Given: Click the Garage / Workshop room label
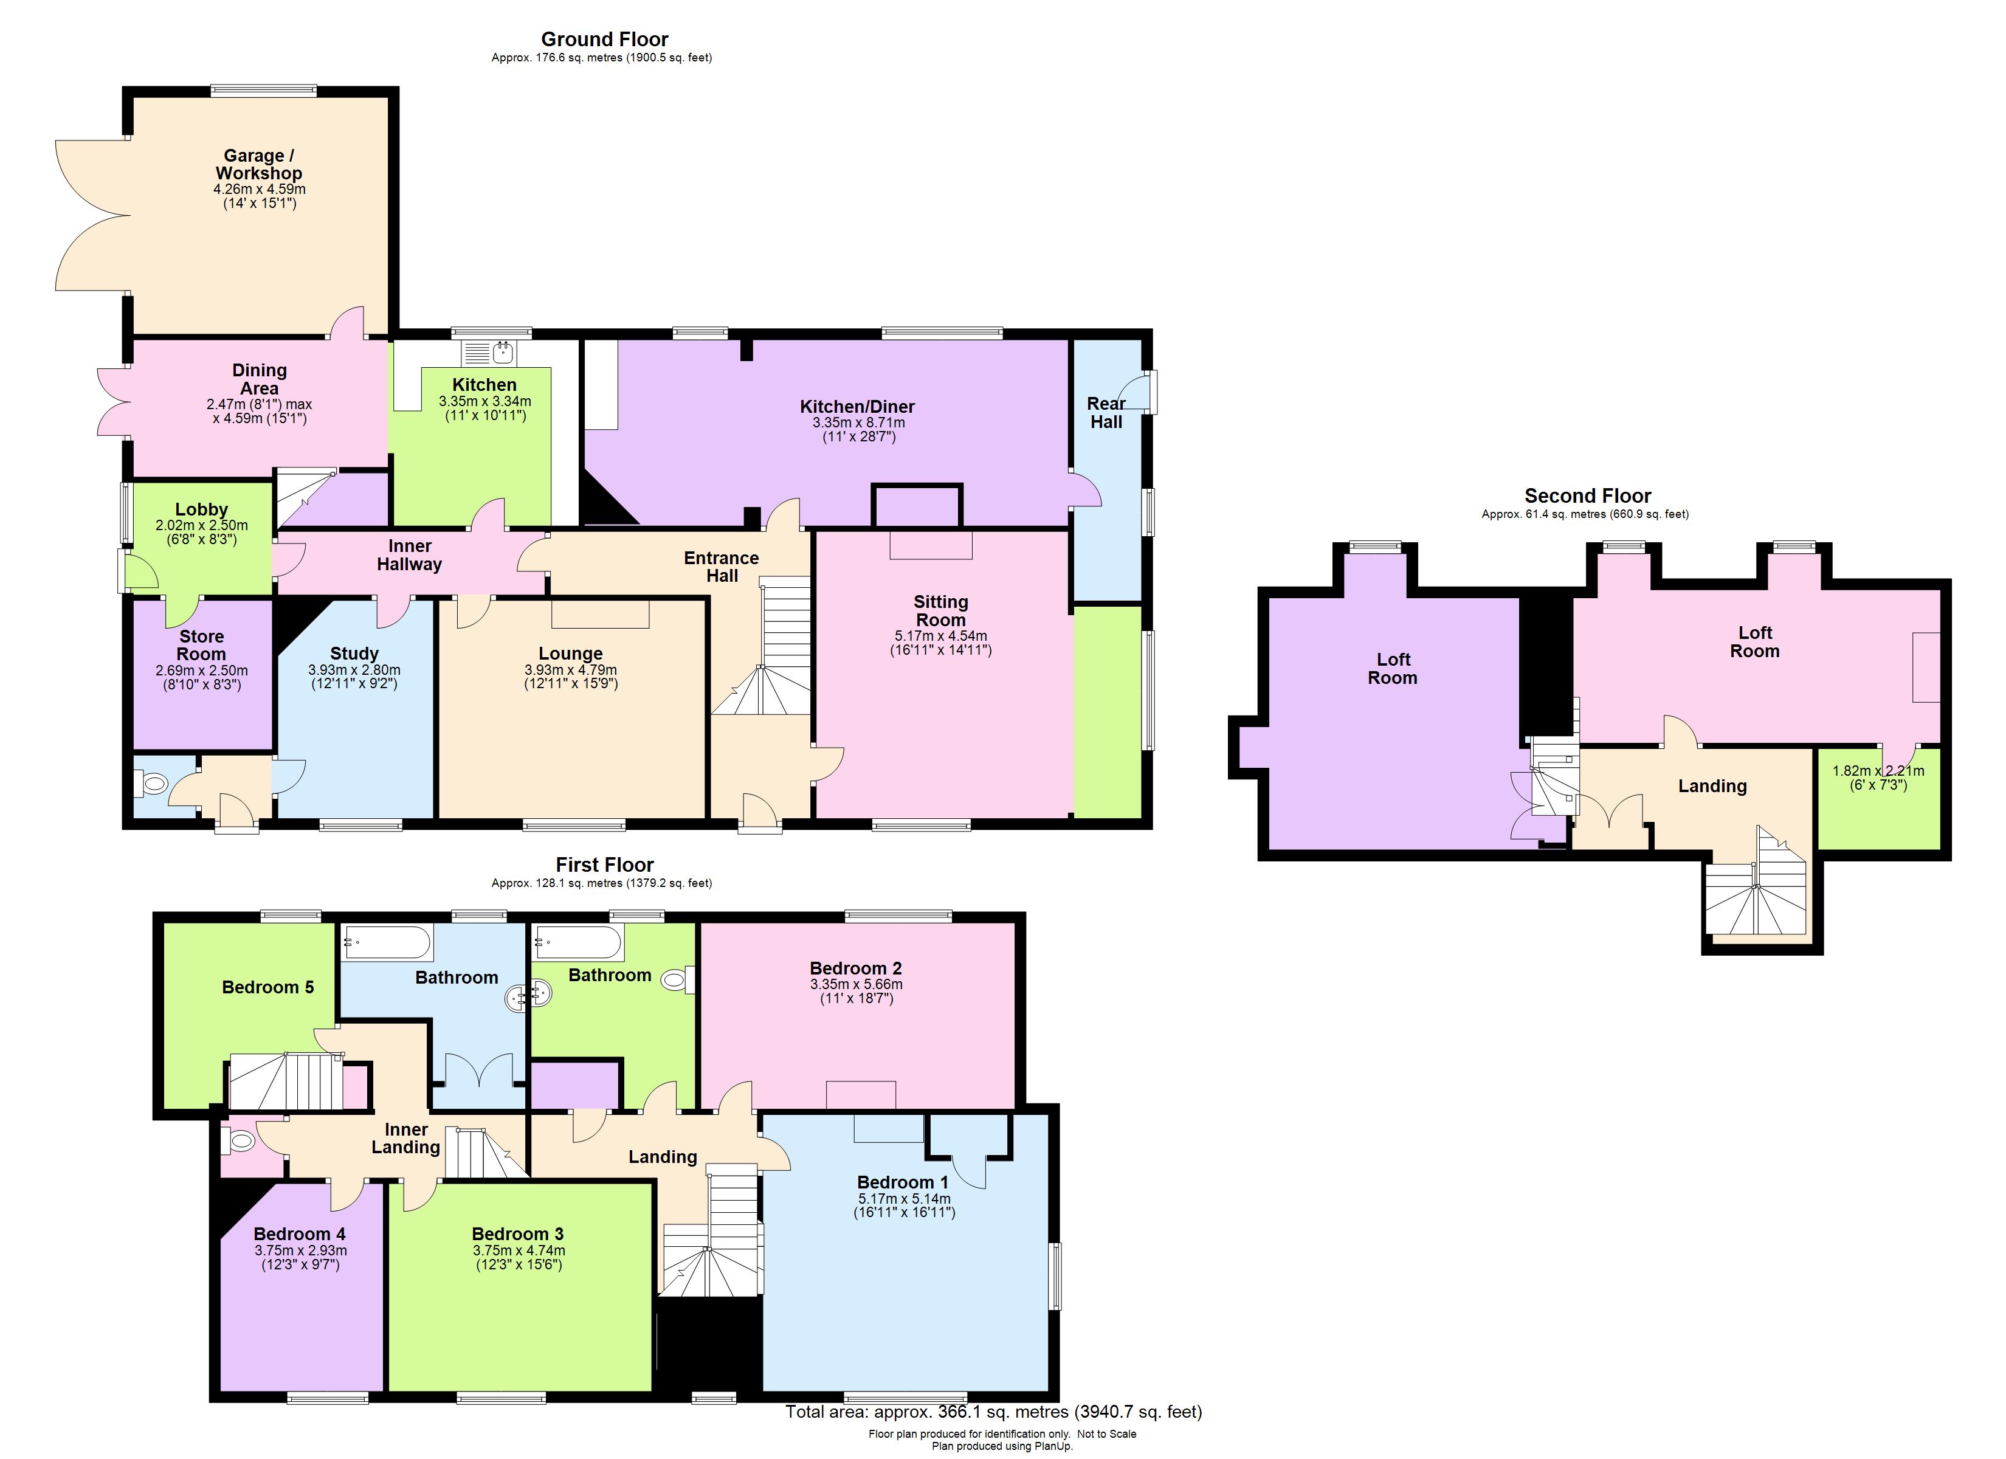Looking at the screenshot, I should (x=258, y=165).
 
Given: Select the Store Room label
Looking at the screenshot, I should (x=202, y=645).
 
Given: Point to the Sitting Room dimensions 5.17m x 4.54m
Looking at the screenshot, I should (x=940, y=635).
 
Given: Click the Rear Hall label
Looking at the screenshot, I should (x=1106, y=412).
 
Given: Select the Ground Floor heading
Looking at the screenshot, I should (x=604, y=39).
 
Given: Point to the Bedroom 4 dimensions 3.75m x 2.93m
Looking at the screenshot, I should (x=301, y=1250).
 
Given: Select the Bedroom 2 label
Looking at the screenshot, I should (x=855, y=968).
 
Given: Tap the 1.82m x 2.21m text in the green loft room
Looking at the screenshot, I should (x=1878, y=771).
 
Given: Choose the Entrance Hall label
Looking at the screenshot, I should (x=721, y=566).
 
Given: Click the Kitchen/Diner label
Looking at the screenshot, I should (x=857, y=406).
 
